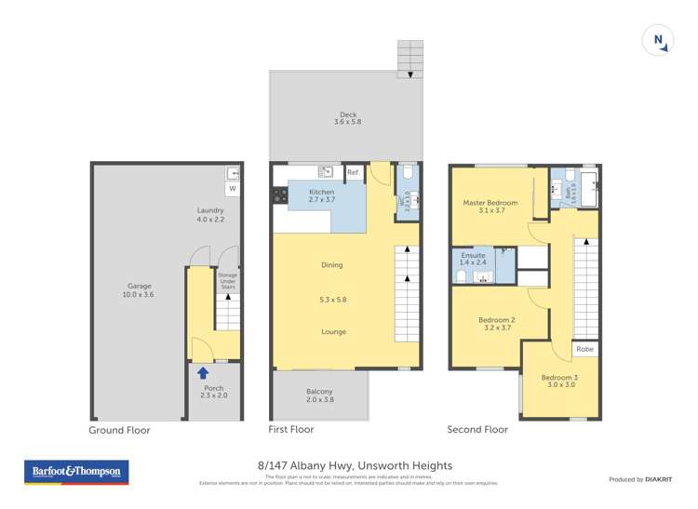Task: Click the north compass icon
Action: [658, 40]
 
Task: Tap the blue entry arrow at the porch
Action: [203, 372]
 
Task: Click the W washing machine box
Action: [233, 189]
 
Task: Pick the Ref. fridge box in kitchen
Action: [354, 173]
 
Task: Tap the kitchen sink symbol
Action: [326, 171]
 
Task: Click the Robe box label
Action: [584, 349]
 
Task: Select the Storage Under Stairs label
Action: [227, 280]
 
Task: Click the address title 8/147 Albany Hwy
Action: [355, 465]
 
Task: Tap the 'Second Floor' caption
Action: [477, 430]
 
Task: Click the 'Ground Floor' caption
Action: [119, 431]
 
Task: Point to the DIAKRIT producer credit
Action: [640, 479]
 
